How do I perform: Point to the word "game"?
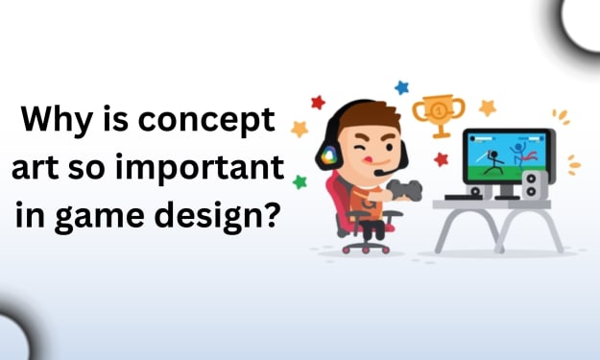(x=100, y=217)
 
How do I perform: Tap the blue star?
(x=401, y=87)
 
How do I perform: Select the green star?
(x=300, y=181)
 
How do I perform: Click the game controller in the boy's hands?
(x=405, y=189)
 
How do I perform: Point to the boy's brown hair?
(x=369, y=116)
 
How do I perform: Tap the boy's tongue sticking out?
(x=368, y=158)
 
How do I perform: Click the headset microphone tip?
(x=378, y=173)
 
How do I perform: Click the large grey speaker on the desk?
(x=535, y=185)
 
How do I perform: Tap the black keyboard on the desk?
(x=463, y=197)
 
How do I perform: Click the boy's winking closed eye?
(x=358, y=148)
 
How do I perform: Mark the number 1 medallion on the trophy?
(x=439, y=111)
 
